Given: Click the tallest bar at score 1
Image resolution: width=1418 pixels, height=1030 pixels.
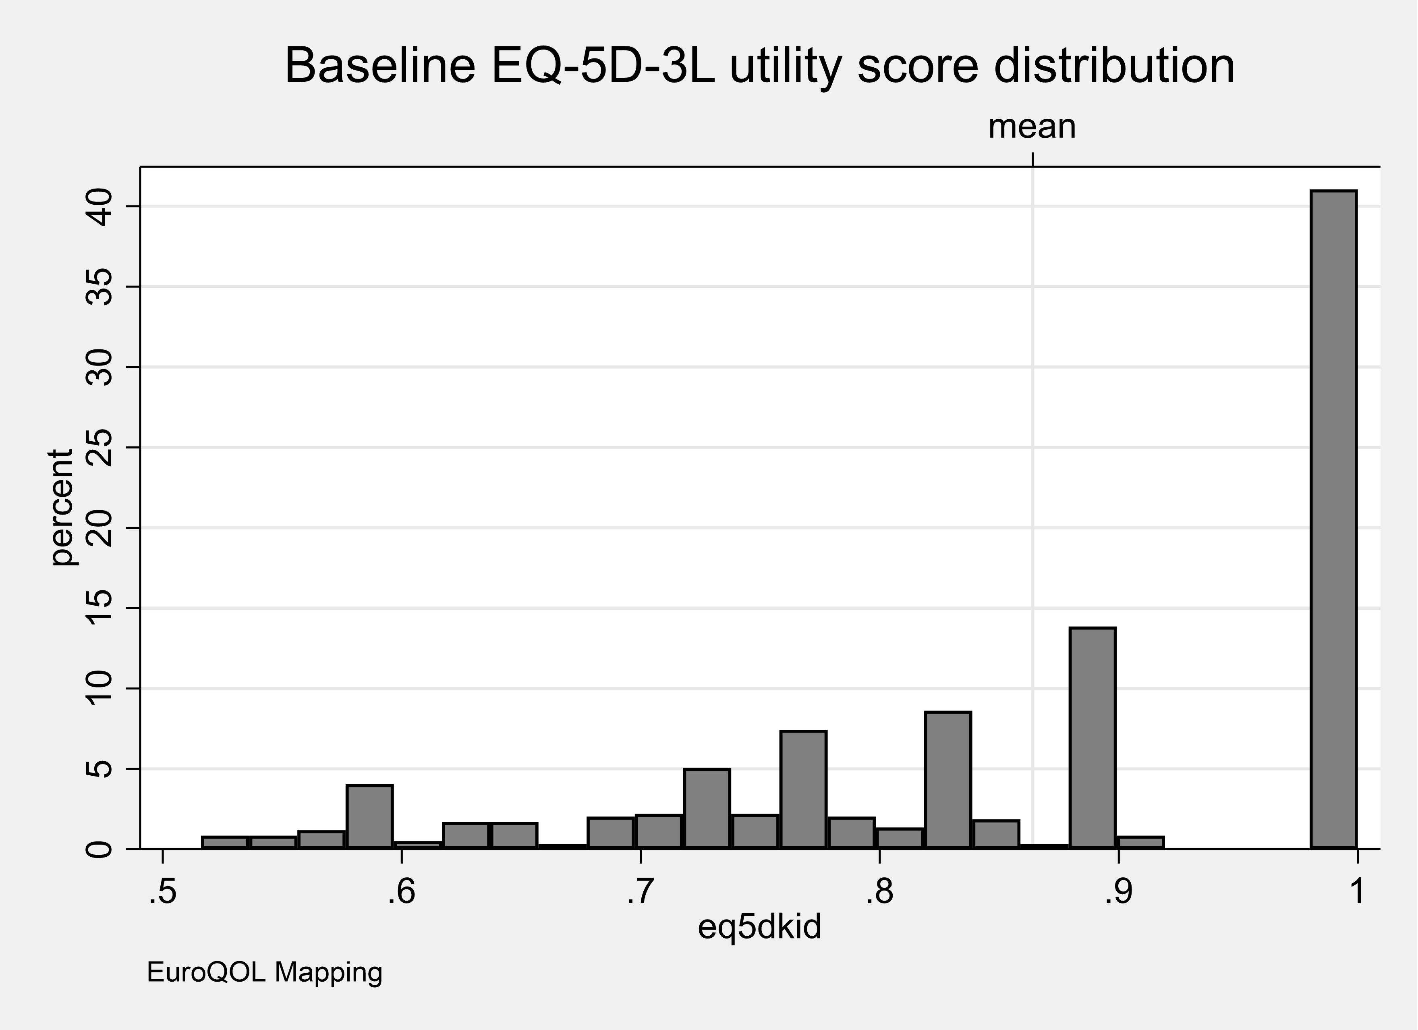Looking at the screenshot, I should click(x=1333, y=519).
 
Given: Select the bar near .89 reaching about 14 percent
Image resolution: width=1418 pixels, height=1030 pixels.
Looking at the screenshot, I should click(x=1092, y=738).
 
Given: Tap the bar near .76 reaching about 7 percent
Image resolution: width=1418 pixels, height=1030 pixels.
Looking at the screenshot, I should click(x=803, y=789).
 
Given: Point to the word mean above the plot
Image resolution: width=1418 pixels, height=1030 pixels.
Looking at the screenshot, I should click(x=1032, y=127).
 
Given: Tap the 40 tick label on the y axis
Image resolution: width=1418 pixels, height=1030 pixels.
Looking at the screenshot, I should click(x=98, y=208).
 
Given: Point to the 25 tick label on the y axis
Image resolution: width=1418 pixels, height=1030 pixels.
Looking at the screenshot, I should click(x=98, y=448).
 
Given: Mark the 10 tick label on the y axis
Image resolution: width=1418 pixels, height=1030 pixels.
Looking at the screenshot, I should click(x=98, y=689).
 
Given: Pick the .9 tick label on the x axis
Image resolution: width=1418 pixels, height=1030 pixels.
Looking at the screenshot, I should click(x=1117, y=893).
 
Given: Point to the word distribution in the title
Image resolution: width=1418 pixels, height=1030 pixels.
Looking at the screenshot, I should click(x=1113, y=66).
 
